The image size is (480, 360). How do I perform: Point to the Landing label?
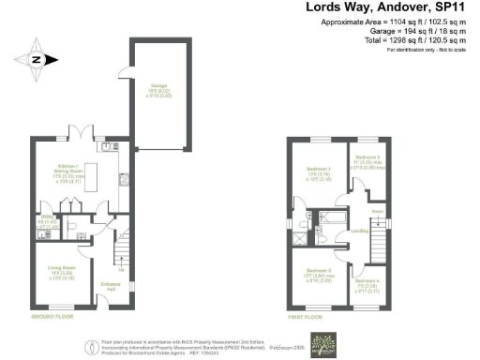[x=357, y=231]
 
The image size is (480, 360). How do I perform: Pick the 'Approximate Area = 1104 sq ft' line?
[x=393, y=22]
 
